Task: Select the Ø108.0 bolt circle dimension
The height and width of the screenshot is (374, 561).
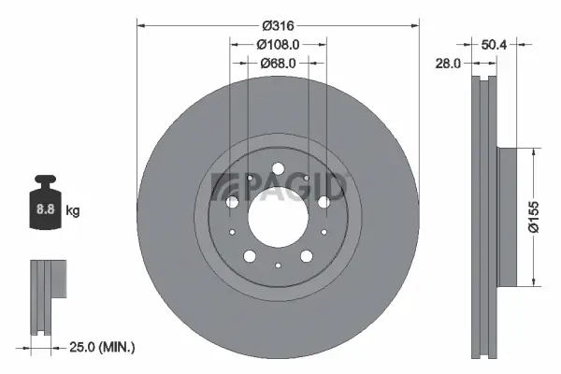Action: click(278, 44)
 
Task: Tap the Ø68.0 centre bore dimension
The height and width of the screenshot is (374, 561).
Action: click(278, 63)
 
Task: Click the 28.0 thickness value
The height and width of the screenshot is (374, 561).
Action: click(450, 63)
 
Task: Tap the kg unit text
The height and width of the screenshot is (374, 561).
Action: click(73, 211)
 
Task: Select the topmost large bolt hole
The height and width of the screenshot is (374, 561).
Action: click(278, 168)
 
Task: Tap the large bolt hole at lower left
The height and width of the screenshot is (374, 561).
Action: click(250, 255)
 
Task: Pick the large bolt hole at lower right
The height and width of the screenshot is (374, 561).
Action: click(306, 255)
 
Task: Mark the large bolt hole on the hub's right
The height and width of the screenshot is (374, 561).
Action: click(324, 202)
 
